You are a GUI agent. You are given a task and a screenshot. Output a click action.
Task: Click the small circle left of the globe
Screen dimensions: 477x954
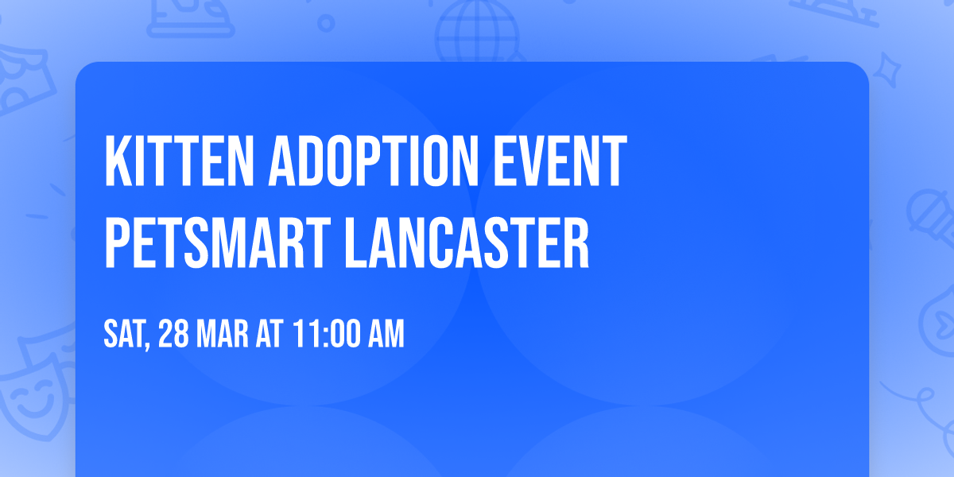click(326, 24)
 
